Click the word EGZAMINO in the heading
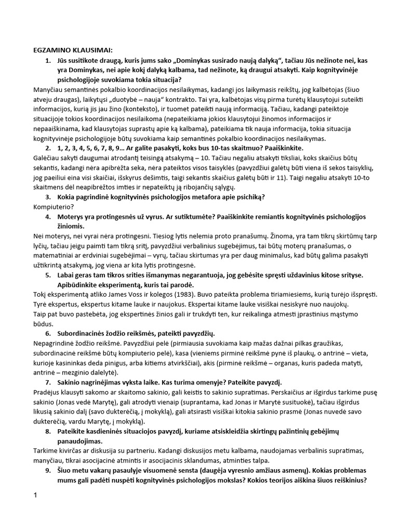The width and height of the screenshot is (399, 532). (54, 50)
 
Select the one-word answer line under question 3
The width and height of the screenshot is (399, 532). (52, 206)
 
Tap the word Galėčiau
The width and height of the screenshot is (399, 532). (48, 157)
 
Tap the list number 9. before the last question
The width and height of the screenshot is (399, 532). (48, 471)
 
